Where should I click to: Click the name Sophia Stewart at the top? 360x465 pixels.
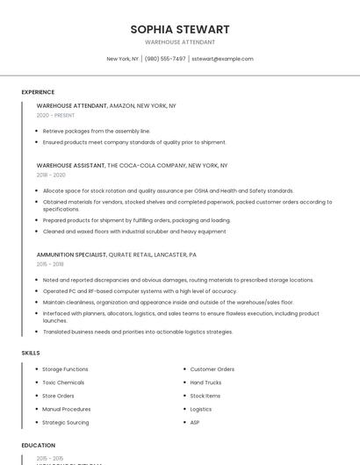coord(179,29)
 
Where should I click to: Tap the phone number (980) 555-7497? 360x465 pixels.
coord(165,59)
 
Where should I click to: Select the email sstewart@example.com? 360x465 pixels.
coord(222,59)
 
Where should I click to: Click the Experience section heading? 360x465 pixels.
coord(38,92)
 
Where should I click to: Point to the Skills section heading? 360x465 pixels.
coord(30,353)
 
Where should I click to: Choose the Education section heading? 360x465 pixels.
coord(39,445)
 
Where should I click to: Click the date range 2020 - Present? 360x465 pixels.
coord(55,115)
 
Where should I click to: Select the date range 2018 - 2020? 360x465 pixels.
coord(51,175)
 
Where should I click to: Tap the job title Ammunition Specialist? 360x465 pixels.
coord(71,254)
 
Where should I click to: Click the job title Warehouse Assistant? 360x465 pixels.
coord(70,165)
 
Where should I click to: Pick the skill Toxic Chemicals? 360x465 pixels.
coord(63,383)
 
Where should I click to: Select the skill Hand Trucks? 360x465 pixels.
coord(205,383)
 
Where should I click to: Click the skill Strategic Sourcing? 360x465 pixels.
coord(65,422)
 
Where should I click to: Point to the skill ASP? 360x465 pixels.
coord(195,422)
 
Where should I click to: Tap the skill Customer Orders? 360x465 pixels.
coord(212,369)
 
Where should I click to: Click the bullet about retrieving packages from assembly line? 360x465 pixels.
coord(97,131)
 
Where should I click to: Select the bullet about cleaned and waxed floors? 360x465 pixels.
coord(134,231)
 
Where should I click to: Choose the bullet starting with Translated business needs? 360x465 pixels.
coord(138,332)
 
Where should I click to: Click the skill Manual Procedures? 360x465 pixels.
coord(66,409)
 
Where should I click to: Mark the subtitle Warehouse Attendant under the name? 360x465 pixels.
coord(179,42)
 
